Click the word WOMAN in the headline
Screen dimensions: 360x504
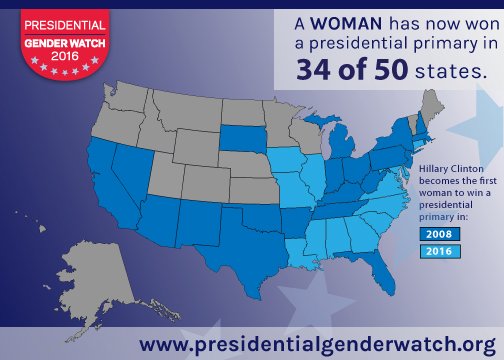345,23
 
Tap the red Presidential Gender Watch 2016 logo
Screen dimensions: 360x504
56,38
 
